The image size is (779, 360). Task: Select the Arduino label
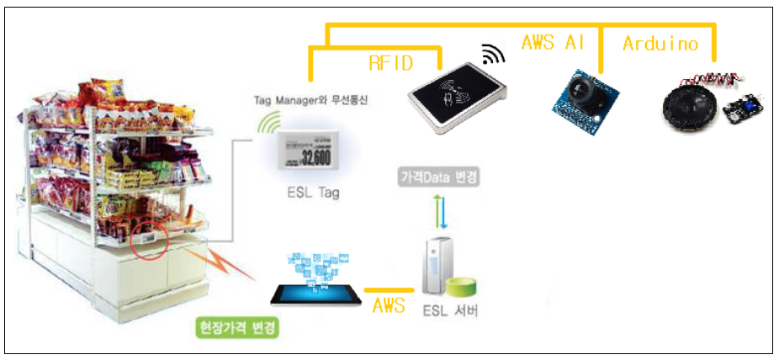click(660, 45)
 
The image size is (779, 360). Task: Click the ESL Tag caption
click(312, 193)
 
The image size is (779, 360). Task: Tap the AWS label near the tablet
click(389, 304)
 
